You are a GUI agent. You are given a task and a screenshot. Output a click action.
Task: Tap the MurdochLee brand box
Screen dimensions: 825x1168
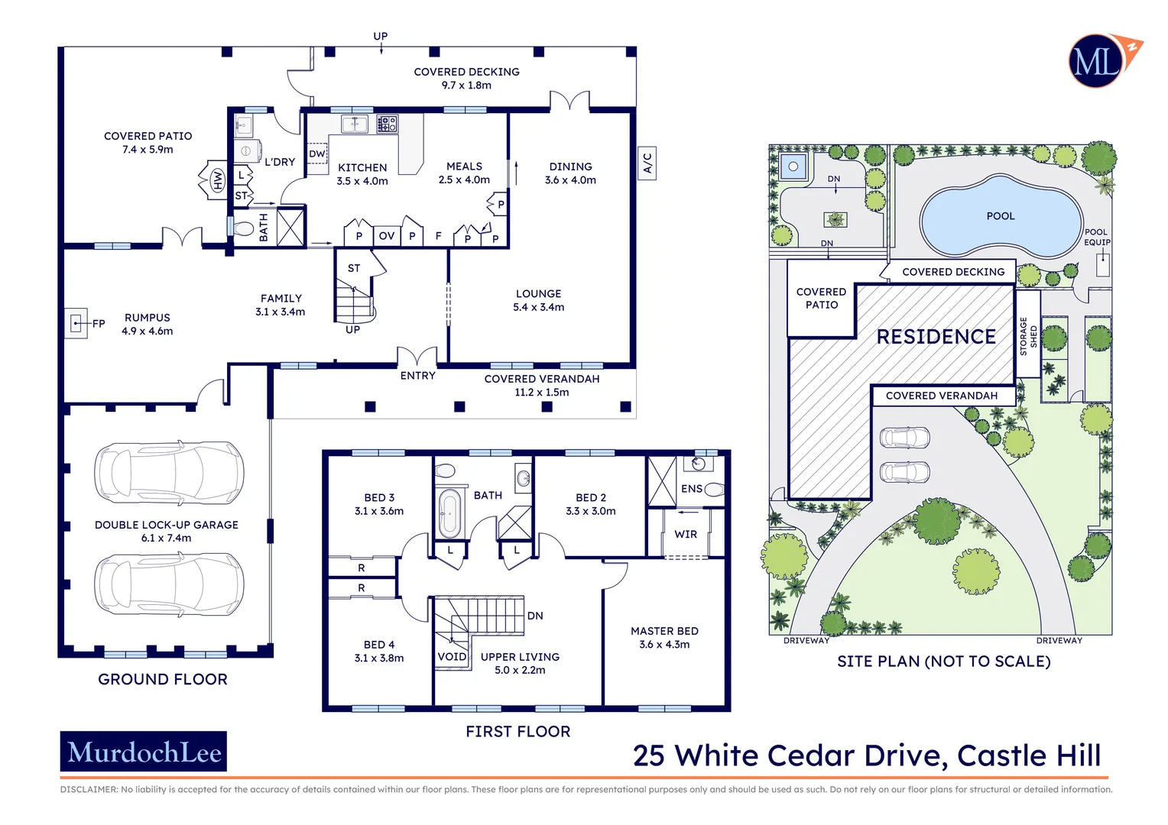pyautogui.click(x=144, y=752)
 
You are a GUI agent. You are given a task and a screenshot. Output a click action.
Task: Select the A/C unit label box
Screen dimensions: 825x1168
pyautogui.click(x=647, y=163)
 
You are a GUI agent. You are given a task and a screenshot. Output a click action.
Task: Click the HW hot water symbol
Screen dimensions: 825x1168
pyautogui.click(x=217, y=180)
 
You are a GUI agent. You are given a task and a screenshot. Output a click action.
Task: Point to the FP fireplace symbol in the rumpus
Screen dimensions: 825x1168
pyautogui.click(x=76, y=324)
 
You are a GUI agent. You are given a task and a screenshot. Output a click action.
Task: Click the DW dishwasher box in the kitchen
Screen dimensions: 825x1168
pyautogui.click(x=317, y=154)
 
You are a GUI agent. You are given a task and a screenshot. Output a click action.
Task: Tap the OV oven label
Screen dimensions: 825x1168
pyautogui.click(x=387, y=236)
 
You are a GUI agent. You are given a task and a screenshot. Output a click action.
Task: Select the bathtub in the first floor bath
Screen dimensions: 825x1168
pyautogui.click(x=449, y=513)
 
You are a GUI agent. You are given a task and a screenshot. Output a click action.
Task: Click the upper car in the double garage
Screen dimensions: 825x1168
pyautogui.click(x=169, y=472)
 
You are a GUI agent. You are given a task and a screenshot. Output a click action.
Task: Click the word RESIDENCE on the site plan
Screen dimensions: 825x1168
pyautogui.click(x=936, y=337)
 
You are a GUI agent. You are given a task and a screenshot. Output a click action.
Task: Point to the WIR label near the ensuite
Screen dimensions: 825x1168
pyautogui.click(x=686, y=534)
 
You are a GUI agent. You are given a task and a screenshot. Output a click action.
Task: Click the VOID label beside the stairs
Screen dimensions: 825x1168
pyautogui.click(x=452, y=657)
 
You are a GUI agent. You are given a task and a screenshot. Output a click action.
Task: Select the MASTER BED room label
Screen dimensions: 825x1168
pyautogui.click(x=664, y=631)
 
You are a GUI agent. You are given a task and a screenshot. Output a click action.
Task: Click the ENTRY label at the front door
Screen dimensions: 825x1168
pyautogui.click(x=417, y=376)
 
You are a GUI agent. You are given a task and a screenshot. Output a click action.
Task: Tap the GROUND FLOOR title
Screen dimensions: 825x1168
pyautogui.click(x=163, y=679)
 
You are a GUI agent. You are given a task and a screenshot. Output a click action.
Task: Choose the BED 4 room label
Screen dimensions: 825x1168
pyautogui.click(x=379, y=645)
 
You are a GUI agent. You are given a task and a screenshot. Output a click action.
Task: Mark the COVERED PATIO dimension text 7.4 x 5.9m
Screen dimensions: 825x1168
pyautogui.click(x=148, y=150)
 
